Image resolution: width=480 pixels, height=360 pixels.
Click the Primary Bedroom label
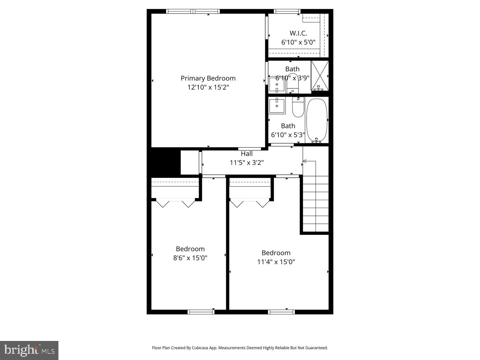(208, 78)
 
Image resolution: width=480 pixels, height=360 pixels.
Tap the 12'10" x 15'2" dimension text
(208, 87)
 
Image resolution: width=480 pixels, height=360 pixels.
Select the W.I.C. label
(298, 33)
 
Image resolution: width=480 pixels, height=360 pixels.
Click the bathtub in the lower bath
(317, 120)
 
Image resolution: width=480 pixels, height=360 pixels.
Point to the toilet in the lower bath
(298, 108)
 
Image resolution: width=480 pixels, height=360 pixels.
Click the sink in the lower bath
(277, 106)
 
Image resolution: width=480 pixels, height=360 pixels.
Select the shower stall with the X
(320, 75)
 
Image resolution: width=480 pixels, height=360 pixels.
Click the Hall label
(247, 154)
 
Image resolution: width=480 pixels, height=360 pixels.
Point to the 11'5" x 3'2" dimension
(247, 162)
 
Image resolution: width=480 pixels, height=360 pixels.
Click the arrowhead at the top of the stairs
(304, 161)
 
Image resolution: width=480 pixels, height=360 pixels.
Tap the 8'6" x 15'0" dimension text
(190, 258)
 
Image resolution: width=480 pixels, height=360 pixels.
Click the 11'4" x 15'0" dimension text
(276, 262)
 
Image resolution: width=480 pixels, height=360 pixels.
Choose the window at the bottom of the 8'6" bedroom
(201, 312)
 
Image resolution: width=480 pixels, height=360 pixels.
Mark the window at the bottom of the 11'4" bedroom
(281, 312)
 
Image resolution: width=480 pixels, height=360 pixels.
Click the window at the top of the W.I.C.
(287, 12)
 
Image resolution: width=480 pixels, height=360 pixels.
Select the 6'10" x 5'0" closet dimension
(298, 42)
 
